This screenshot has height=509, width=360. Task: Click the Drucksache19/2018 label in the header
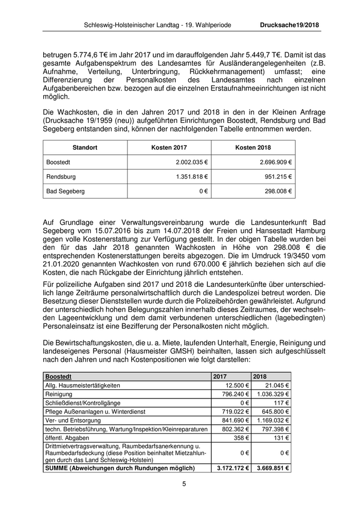coord(290,25)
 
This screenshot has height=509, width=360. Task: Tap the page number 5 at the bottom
coord(184,484)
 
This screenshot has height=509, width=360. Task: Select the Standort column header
coord(85,148)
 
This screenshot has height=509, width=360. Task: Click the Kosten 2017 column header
coord(169,148)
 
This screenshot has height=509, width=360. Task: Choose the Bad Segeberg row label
coord(65,191)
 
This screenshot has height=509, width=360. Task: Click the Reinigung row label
coord(59,393)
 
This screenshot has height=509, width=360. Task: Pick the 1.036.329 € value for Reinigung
coord(272,393)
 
